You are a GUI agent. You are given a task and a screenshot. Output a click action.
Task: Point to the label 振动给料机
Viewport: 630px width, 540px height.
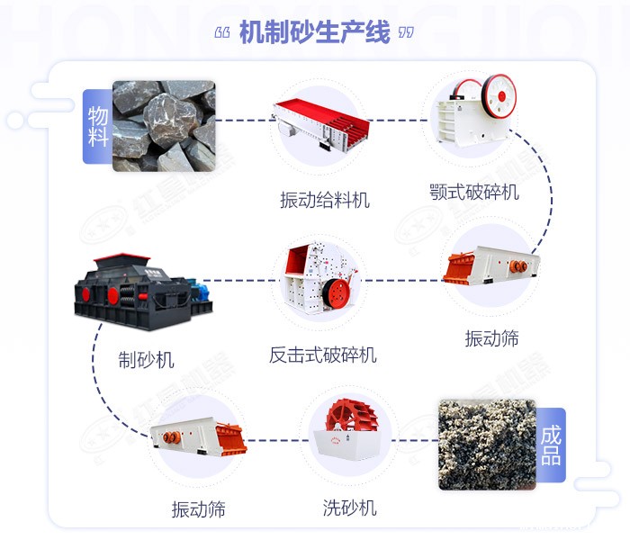(325, 200)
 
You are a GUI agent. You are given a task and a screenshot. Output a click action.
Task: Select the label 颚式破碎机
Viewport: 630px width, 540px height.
(474, 192)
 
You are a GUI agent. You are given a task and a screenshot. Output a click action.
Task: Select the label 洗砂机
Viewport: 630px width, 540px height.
(349, 508)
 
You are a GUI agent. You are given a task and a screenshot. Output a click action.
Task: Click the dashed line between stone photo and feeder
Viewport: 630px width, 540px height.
(243, 120)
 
